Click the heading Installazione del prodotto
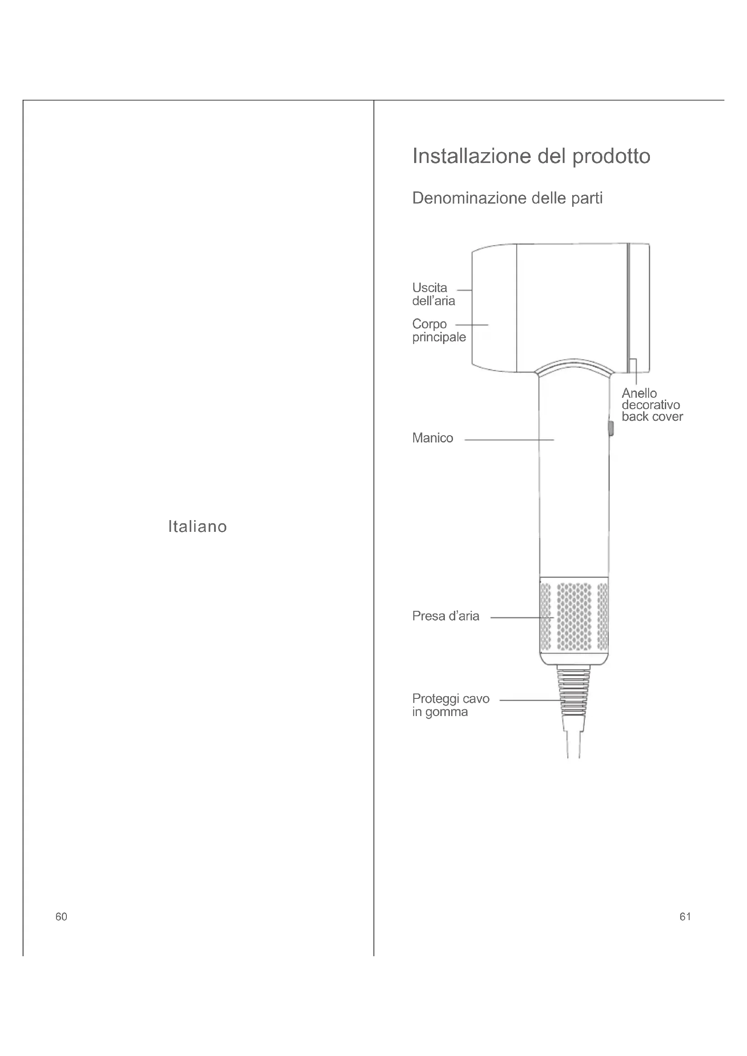(x=531, y=156)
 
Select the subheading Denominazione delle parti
(x=507, y=198)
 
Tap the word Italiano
(x=197, y=526)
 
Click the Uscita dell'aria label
(x=433, y=294)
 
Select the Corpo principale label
(x=439, y=330)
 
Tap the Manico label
(x=432, y=438)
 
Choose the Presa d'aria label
(x=445, y=616)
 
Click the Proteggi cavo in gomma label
(x=450, y=705)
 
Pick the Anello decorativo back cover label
(x=652, y=405)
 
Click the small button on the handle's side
(x=611, y=428)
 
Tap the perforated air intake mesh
(x=574, y=616)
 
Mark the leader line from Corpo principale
(x=472, y=325)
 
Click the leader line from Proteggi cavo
(x=529, y=701)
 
